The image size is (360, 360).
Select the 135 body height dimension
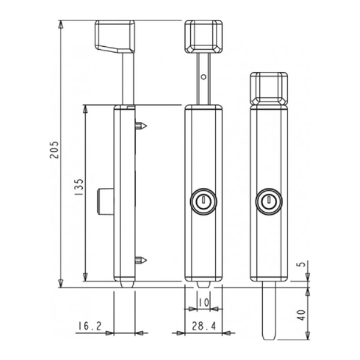pos(79,191)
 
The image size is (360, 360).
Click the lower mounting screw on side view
pos(142,260)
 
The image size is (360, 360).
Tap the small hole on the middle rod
pos(204,77)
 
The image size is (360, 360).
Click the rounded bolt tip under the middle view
pos(203,283)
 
